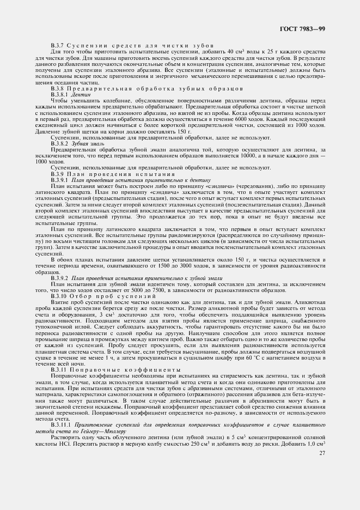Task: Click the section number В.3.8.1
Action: coord(60,94)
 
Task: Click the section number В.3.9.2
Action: coord(60,278)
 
